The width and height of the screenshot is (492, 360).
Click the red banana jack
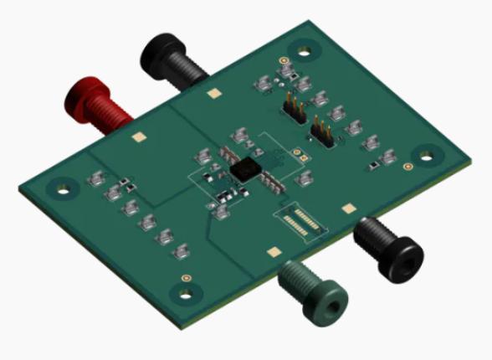coord(96,104)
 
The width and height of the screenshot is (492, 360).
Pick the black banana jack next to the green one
coord(386,247)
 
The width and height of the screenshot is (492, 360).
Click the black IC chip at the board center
coord(244,167)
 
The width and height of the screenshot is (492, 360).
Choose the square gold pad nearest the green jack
coord(272,249)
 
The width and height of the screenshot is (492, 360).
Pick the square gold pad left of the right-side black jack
coord(346,206)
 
